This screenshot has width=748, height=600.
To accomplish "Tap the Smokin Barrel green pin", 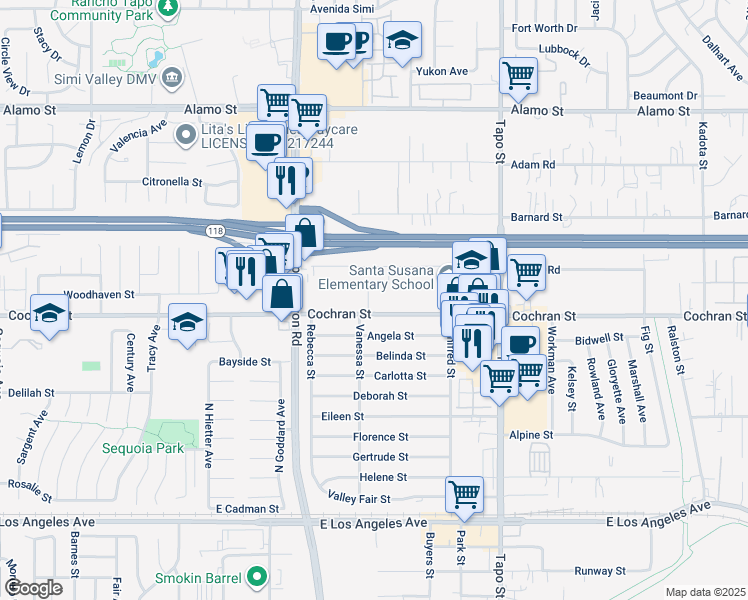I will (x=259, y=576).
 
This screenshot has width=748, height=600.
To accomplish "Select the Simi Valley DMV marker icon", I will (x=172, y=78).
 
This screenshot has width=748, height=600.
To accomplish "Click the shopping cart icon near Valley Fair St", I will (x=465, y=493).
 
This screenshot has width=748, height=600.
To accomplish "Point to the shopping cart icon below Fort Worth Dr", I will (x=518, y=73).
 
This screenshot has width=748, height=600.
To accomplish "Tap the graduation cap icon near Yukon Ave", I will (x=402, y=40).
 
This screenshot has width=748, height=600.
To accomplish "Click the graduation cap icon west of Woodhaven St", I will (x=48, y=312).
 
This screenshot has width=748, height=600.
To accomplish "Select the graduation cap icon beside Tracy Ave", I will (x=187, y=321).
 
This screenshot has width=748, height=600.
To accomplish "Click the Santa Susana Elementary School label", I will (x=391, y=277).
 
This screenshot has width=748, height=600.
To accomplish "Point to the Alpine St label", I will (x=532, y=435).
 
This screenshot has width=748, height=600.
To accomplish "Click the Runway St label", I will (x=602, y=571).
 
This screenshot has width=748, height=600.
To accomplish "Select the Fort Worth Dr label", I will (x=545, y=28).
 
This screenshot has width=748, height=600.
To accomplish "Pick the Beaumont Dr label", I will (x=665, y=96).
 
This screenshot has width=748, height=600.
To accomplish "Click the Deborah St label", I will (x=379, y=396).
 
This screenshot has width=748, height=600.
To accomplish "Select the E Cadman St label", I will (x=246, y=509).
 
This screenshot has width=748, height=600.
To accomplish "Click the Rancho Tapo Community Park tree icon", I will (x=170, y=6).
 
